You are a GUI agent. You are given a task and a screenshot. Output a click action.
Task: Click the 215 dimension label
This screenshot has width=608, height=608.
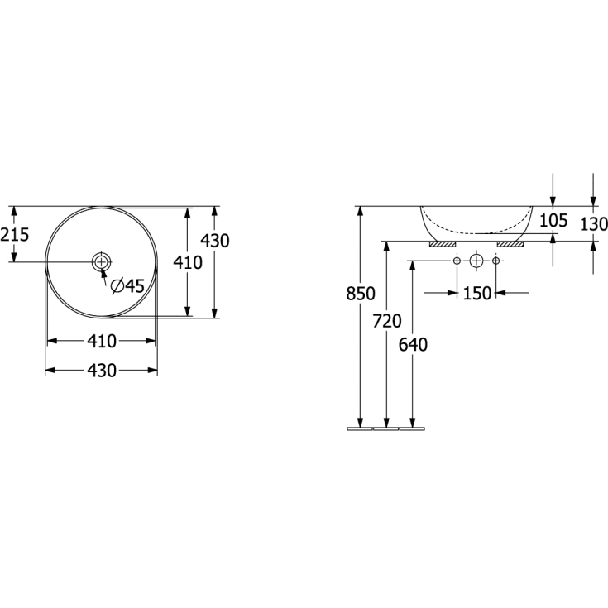pos(15,235)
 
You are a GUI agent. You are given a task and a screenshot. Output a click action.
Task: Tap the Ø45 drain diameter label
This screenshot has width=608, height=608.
pos(127,286)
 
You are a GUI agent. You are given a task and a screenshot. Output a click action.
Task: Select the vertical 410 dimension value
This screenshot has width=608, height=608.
pos(188,262)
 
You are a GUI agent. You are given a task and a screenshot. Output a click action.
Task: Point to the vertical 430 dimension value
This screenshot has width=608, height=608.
pos(215,241)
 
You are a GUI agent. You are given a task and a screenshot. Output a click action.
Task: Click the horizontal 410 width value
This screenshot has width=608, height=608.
pos(102,341)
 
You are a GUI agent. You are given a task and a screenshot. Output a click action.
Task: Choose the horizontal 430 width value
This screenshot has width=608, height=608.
pos(102,371)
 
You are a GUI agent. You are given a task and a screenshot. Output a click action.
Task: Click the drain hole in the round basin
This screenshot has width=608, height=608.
pos(101,261)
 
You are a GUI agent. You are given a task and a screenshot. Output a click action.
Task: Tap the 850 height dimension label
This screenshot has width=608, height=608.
pos(361,294)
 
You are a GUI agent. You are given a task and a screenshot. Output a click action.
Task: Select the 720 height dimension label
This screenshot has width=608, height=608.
pos(387,321)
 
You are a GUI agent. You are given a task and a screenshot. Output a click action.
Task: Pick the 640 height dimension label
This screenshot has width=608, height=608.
pos(413,345)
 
